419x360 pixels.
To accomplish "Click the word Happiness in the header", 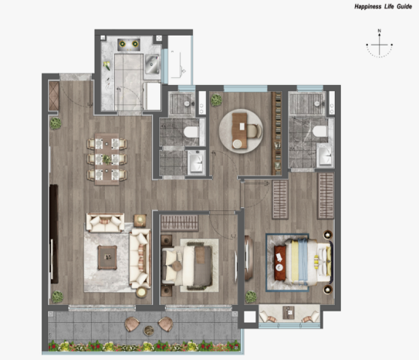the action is point(368,6).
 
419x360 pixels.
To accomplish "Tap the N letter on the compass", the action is point(379,31).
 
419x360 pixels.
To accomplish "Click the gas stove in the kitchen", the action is point(129,44).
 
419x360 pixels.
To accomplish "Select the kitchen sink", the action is point(152,64).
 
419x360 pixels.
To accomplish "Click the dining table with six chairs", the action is point(107,159).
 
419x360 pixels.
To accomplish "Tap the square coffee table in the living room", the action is point(107,257).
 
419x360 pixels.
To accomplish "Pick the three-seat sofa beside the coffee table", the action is point(140,259).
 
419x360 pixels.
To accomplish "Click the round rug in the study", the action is point(241,131).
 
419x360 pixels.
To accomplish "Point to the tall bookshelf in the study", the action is point(277,133).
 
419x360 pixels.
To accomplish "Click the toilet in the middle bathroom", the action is point(191,132).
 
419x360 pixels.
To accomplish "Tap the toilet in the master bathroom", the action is point(320,131).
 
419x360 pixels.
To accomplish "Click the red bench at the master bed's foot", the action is point(280,263).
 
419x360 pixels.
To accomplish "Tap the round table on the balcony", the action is point(149,331).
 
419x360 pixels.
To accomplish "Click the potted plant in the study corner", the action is point(216,100).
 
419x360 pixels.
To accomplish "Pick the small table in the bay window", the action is point(289,312).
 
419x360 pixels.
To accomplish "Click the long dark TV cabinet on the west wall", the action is point(54,234).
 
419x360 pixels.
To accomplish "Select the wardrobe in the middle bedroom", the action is point(179,222).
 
